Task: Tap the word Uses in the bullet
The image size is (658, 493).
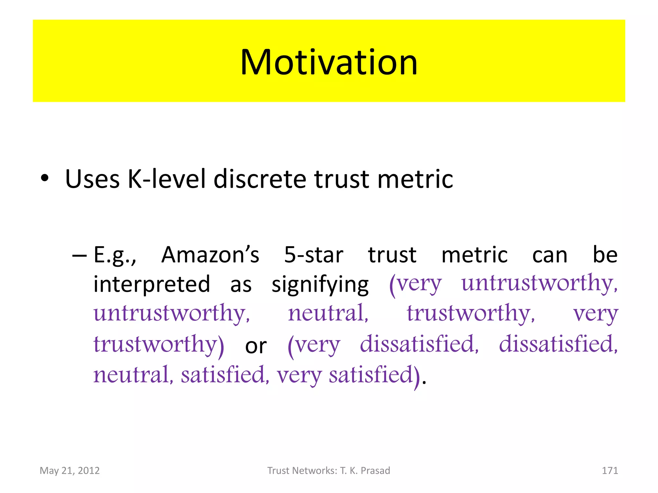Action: (x=92, y=179)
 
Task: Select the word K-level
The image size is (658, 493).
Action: (x=166, y=179)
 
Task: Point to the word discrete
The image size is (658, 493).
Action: (x=260, y=179)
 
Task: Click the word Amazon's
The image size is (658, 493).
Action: (x=210, y=255)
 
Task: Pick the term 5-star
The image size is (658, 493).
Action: (x=314, y=255)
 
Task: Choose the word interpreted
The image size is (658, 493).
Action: (x=152, y=284)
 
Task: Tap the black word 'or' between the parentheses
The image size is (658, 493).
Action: (x=256, y=346)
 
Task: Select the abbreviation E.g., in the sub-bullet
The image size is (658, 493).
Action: (x=115, y=255)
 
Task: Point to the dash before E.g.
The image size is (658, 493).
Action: (x=79, y=255)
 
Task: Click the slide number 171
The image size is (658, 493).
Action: (x=610, y=471)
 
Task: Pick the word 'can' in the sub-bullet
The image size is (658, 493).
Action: (x=550, y=255)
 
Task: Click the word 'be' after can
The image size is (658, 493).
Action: (x=605, y=255)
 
